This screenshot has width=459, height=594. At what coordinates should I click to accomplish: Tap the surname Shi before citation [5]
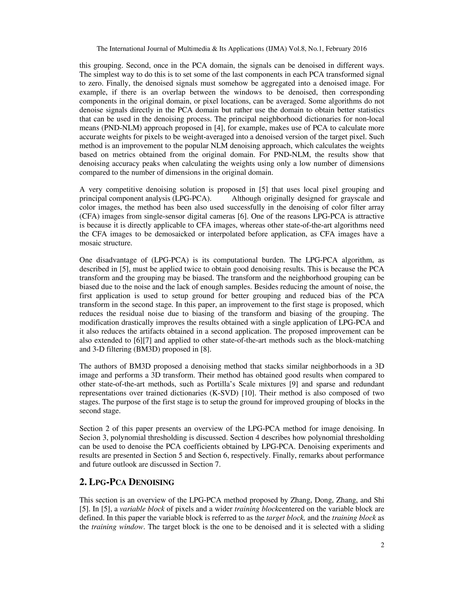pos(379,500)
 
